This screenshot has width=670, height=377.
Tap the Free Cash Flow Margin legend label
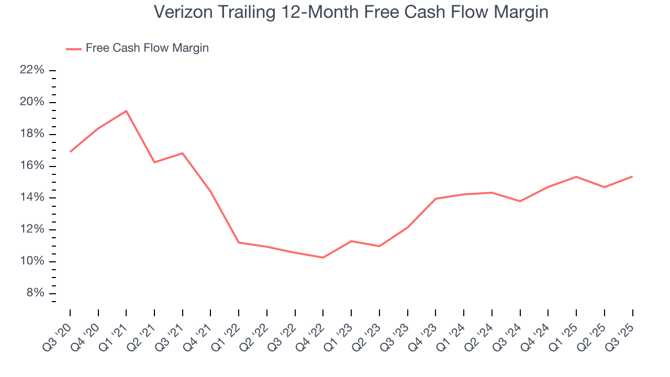point(147,48)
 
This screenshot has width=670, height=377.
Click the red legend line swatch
point(73,49)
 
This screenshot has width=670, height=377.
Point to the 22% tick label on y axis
point(31,70)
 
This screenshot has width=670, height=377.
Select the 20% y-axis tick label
point(31,102)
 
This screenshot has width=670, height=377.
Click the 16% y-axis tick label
point(31,166)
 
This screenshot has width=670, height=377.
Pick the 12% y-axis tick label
point(31,230)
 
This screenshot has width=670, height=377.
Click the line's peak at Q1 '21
point(126,111)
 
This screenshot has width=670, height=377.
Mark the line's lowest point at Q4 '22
point(323,258)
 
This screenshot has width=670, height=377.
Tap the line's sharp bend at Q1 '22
point(239,242)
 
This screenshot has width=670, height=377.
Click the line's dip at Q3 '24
point(520,201)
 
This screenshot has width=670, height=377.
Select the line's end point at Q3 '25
point(632,176)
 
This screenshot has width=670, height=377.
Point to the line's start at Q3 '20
point(70,152)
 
